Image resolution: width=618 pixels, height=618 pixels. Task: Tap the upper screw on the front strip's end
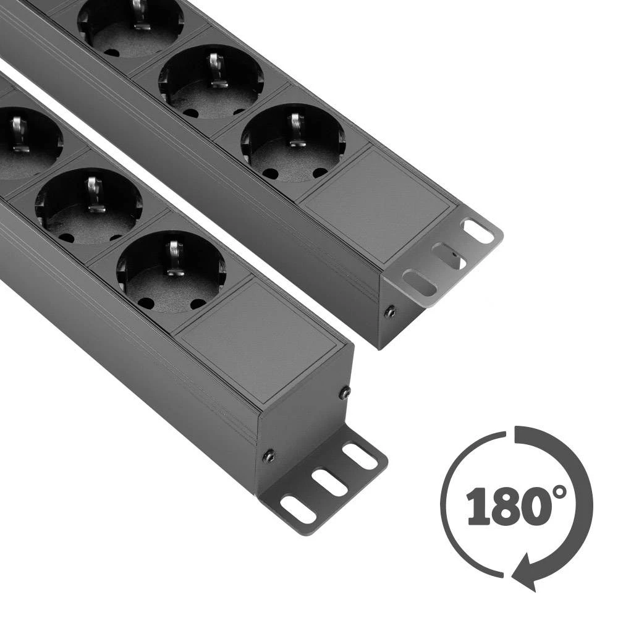tap(344, 392)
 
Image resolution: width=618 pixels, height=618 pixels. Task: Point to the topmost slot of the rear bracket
tap(478, 232)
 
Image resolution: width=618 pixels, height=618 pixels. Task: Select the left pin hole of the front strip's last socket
tap(146, 303)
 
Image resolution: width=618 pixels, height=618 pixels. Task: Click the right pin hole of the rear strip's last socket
tap(320, 172)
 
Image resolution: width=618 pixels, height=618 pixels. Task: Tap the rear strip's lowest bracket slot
tap(419, 281)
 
